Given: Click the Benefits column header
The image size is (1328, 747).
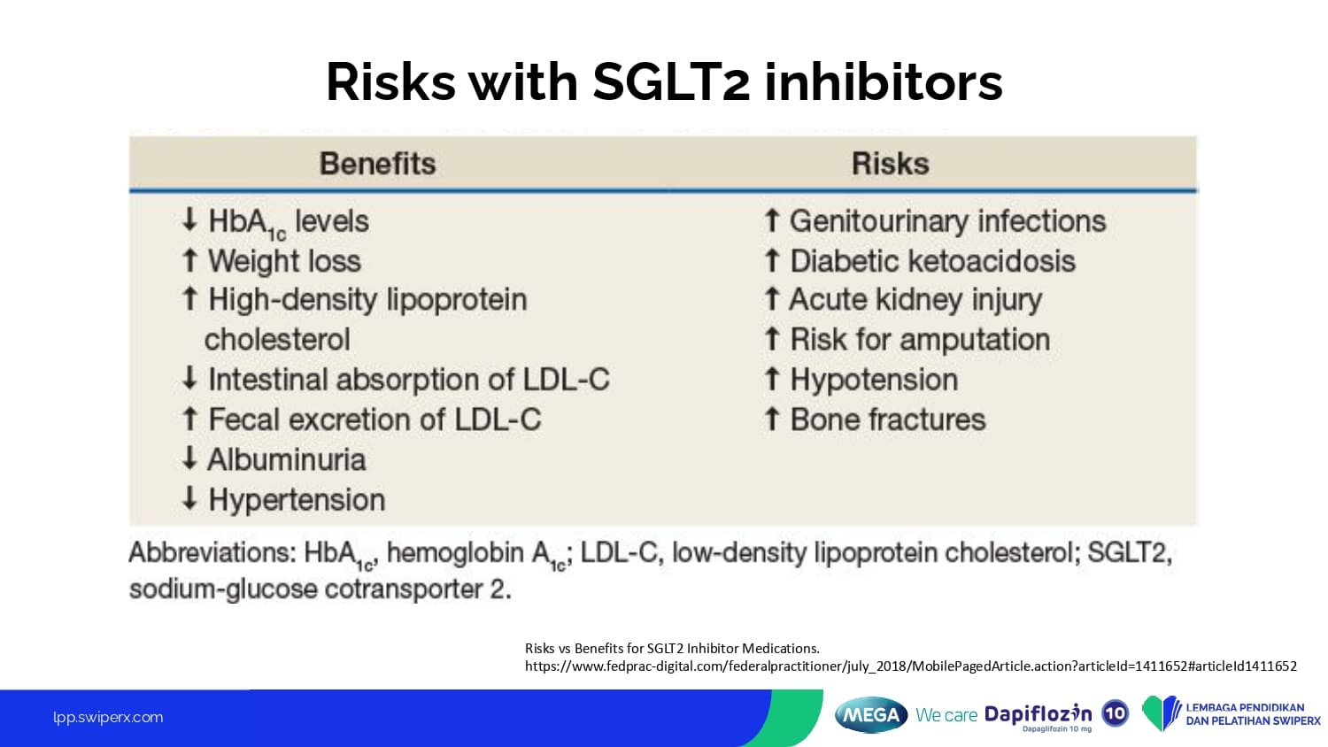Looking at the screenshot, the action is click(x=378, y=164).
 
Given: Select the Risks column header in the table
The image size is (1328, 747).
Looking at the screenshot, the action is click(x=891, y=164).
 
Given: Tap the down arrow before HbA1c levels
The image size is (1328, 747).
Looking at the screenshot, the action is click(x=189, y=219).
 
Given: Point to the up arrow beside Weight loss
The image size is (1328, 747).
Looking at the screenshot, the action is click(x=189, y=260).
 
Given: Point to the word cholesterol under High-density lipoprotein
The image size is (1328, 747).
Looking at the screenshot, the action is click(x=277, y=340).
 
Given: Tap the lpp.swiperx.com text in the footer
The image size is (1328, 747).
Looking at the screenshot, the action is click(x=108, y=718).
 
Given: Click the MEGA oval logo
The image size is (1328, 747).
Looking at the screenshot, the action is click(x=871, y=715).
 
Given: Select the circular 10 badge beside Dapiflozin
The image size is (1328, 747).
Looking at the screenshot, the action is click(x=1116, y=713).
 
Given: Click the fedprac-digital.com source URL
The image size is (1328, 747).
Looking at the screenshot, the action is click(x=911, y=666).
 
